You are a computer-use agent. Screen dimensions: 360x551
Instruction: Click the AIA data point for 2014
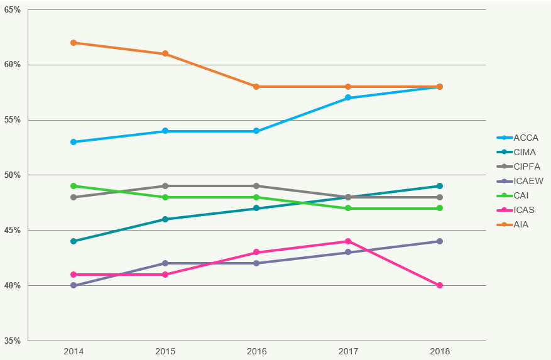(74, 43)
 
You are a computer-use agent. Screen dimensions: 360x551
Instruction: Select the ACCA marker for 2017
(348, 98)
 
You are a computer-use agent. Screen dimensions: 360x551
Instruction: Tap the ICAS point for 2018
(440, 285)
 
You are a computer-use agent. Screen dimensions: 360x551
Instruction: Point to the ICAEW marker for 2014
(74, 285)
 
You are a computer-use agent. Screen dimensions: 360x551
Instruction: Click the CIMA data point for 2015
(165, 219)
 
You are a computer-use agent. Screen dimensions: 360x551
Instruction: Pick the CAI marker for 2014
(74, 186)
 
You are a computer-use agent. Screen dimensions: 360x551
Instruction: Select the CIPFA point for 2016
(256, 186)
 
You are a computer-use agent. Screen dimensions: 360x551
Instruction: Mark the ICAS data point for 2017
(348, 241)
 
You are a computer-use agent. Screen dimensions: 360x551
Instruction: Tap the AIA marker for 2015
(165, 53)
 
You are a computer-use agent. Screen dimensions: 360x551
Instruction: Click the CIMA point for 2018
(440, 186)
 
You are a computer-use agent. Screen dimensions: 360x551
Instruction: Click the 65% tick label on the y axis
(13, 10)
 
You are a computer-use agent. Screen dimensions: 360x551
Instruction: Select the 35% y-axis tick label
(13, 341)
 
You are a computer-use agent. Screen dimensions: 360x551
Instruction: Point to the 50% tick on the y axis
(13, 175)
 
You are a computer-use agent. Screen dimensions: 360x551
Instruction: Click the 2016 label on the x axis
(256, 351)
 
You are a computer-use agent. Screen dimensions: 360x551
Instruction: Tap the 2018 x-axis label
(440, 351)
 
